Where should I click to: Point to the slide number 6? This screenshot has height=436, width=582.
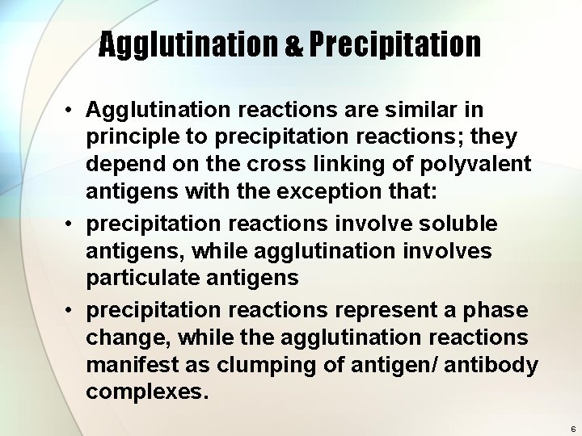point(572,429)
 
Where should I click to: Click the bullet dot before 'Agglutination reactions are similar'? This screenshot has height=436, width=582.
point(70,109)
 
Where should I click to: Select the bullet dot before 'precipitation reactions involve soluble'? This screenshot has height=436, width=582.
point(70,222)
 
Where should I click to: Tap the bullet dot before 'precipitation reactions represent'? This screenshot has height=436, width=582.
point(70,311)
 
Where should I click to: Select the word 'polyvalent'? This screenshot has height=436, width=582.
point(477,164)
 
